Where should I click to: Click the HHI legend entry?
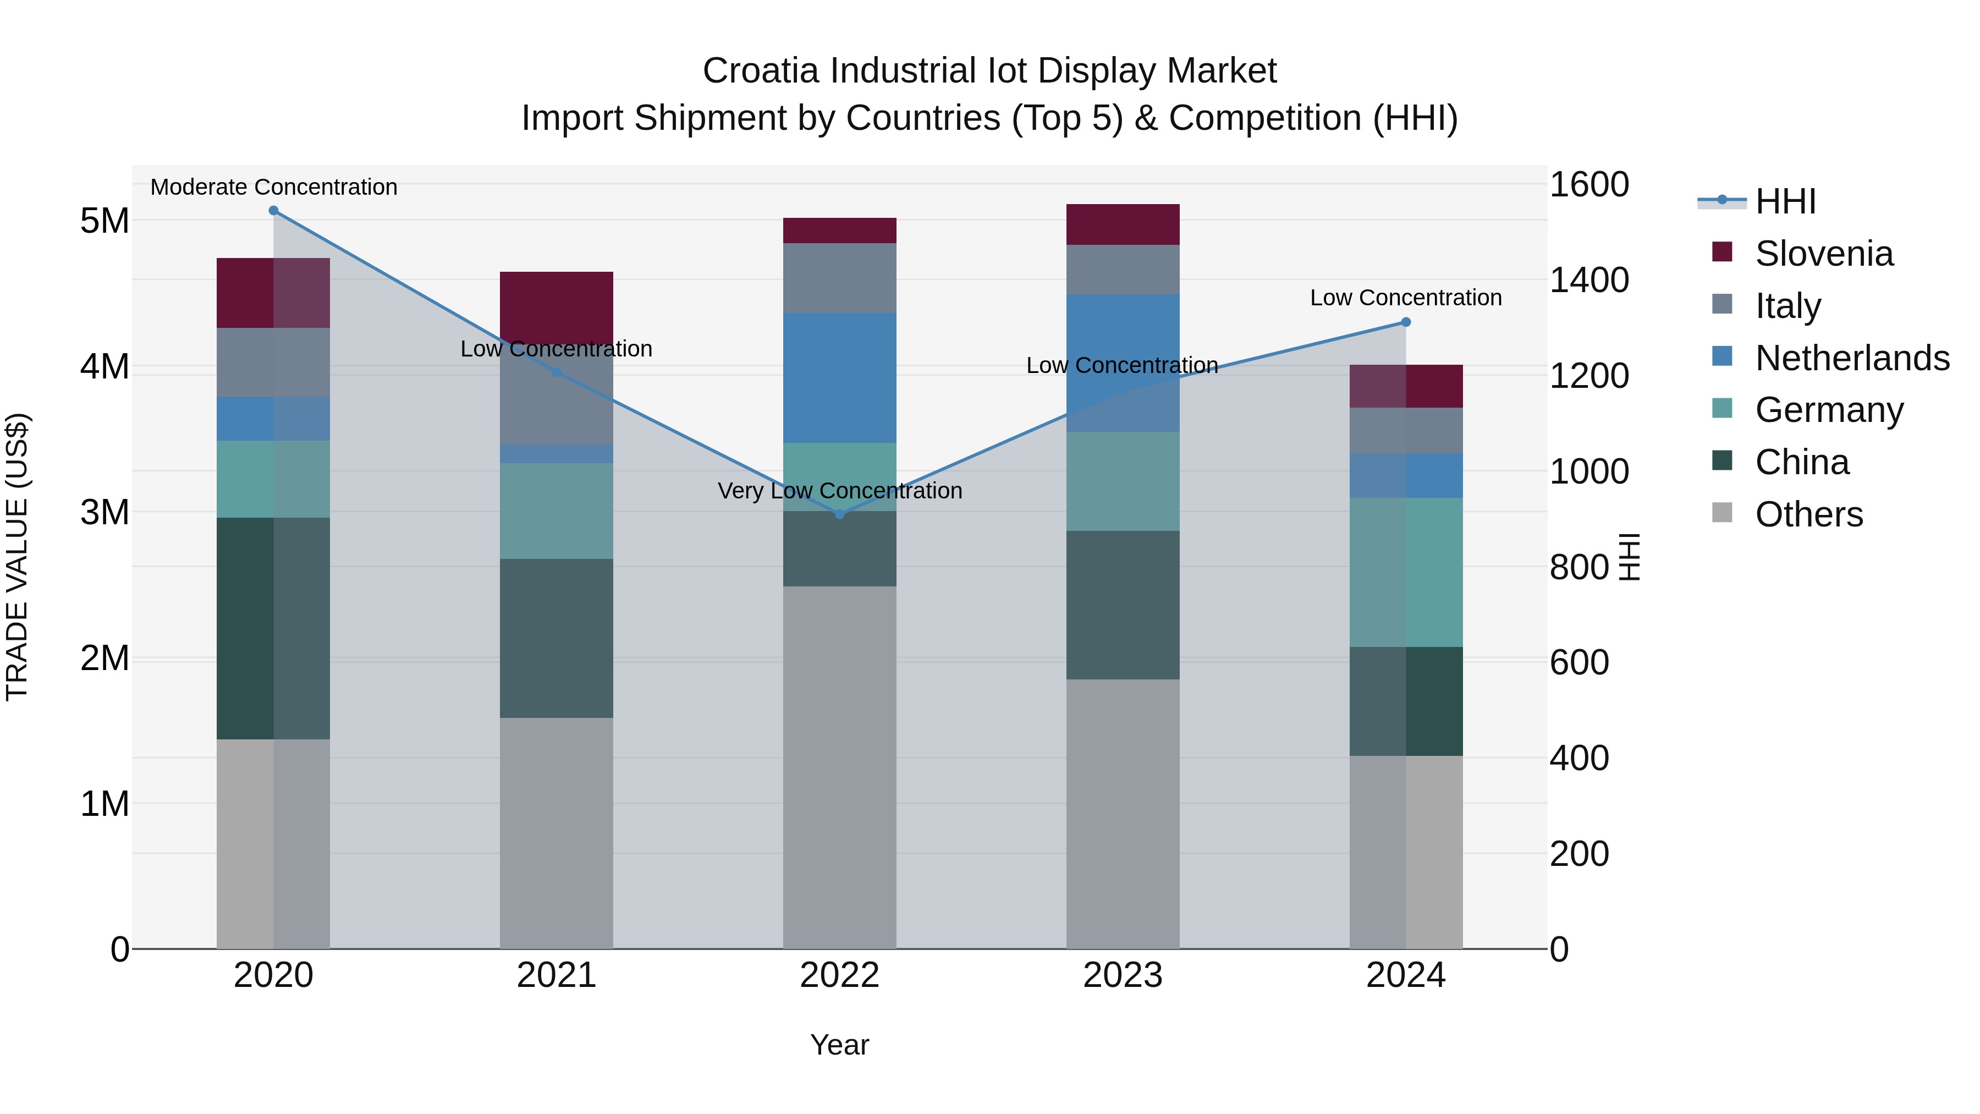coord(1785,201)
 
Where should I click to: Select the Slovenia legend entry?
coord(1823,254)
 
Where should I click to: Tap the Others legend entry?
coord(1808,514)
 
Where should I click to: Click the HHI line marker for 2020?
coord(274,211)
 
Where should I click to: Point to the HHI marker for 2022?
coord(839,514)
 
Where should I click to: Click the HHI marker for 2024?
coord(1406,322)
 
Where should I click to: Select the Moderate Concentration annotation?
coord(274,187)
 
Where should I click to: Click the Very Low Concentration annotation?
coord(839,491)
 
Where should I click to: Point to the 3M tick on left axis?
coord(105,512)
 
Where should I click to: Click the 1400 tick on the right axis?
coord(1588,280)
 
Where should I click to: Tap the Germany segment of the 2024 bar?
coord(1406,572)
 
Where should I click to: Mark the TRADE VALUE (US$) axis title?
coord(17,557)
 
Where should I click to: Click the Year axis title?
coord(839,1046)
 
